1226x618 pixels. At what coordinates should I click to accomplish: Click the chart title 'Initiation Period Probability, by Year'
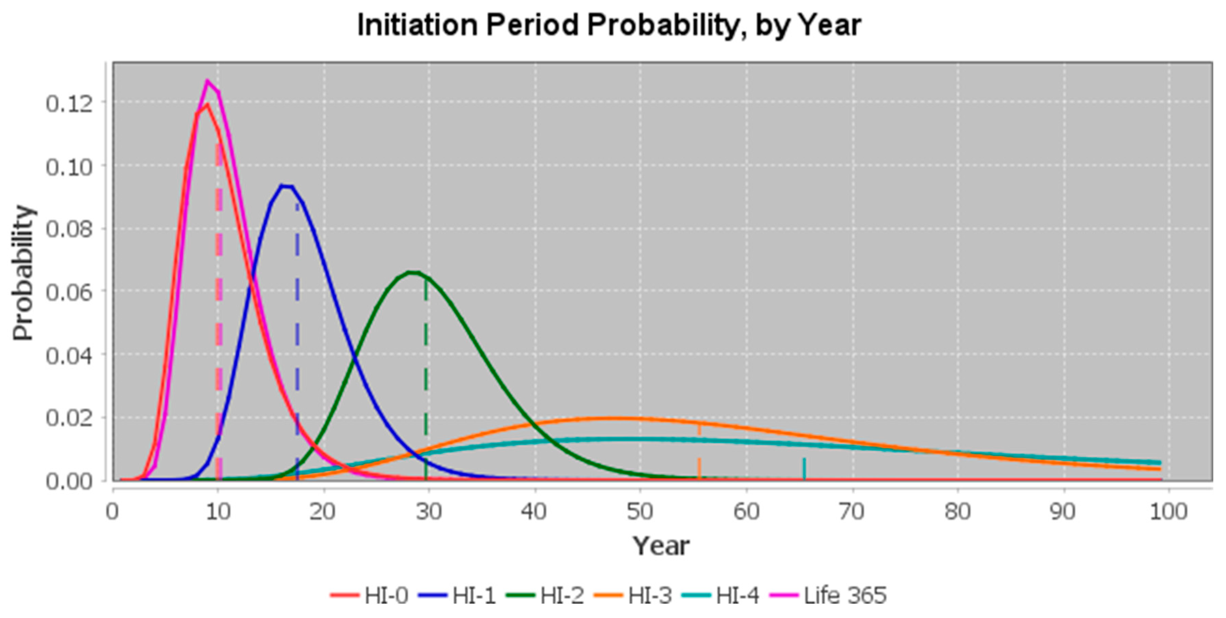pyautogui.click(x=609, y=25)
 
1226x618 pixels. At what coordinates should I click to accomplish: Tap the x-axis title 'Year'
pyautogui.click(x=660, y=546)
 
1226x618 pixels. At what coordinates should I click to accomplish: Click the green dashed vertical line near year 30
pyautogui.click(x=426, y=381)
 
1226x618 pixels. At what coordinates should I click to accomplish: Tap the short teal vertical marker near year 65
pyautogui.click(x=804, y=469)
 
